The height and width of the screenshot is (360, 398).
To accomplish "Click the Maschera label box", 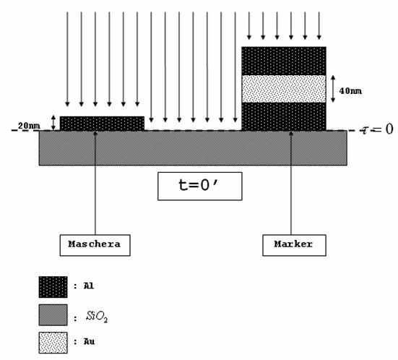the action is pos(95,245).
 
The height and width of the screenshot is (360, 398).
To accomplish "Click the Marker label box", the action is pos(294,245).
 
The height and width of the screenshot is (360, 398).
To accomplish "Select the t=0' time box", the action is pos(200,187).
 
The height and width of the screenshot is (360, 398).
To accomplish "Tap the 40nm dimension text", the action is pos(350,91).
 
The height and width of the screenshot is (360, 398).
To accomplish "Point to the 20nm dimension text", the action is pos(29,126).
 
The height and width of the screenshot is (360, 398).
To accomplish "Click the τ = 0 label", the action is pos(377,129).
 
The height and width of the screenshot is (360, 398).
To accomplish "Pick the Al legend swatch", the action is pos(53,287).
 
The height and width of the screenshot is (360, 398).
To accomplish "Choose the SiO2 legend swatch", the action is pos(53,315).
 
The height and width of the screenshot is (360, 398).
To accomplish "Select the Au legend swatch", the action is pos(53,343).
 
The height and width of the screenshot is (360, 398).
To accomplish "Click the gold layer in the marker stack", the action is pos(284,89).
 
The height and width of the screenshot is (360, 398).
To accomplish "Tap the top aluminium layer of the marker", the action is pos(284,61).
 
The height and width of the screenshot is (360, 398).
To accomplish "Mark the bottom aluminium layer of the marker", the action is pos(284,116).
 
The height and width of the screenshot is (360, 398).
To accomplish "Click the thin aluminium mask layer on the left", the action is pos(102,124).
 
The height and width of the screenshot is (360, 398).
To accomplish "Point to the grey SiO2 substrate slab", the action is pos(193,148).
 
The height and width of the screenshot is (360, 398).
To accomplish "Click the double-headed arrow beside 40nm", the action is pos(333,89).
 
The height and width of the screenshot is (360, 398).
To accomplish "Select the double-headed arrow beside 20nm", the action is pos(53,123).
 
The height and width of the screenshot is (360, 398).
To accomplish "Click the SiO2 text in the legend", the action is pos(97,317).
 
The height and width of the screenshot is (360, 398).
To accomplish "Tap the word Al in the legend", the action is pos(89,286).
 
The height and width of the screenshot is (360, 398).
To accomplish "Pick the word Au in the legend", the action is pos(89,341).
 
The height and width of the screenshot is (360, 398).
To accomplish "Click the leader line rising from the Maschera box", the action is pos(95,183).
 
